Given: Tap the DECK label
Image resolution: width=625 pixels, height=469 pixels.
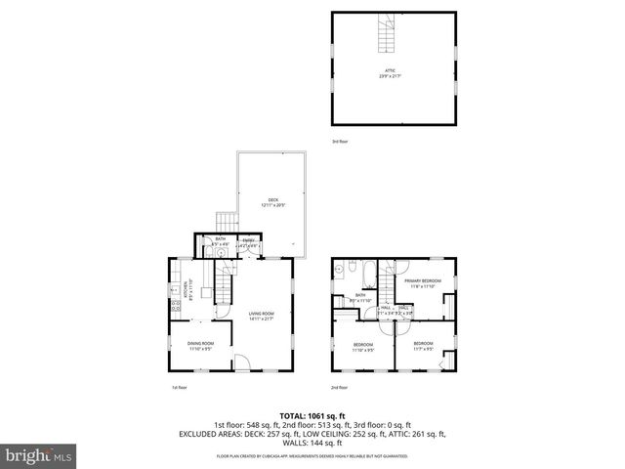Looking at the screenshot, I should pyautogui.click(x=273, y=202).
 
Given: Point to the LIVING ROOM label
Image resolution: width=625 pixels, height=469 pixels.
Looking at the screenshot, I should pyautogui.click(x=261, y=315).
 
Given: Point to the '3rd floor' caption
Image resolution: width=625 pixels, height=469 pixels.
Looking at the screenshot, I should pyautogui.click(x=340, y=142).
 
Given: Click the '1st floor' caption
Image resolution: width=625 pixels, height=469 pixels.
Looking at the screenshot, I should pyautogui.click(x=179, y=387).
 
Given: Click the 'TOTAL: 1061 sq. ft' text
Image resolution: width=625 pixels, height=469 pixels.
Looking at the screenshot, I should pyautogui.click(x=312, y=414).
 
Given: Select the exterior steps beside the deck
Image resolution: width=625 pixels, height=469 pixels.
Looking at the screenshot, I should pyautogui.click(x=227, y=222).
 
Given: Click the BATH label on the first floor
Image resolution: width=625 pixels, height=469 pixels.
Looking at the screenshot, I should pyautogui.click(x=221, y=241).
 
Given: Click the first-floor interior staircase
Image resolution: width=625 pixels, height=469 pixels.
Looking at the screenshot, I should pyautogui.click(x=224, y=289).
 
